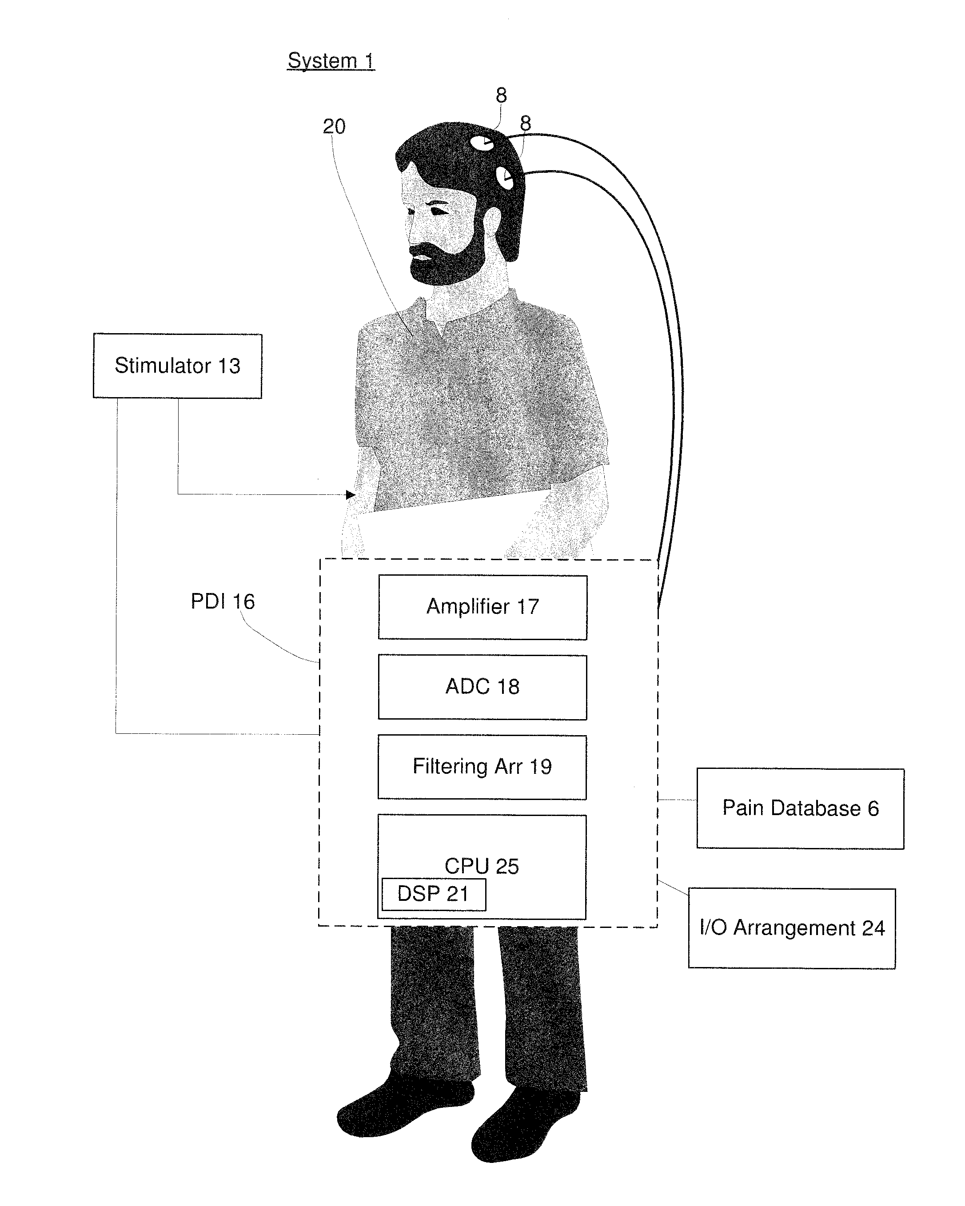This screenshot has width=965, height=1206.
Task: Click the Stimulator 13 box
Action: coord(177,366)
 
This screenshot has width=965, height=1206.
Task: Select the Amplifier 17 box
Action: coord(482,607)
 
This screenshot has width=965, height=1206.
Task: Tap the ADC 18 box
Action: coord(482,687)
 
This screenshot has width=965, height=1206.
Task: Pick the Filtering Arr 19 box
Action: coord(482,767)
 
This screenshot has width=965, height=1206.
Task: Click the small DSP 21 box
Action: coord(433,894)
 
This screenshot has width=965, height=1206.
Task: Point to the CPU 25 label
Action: coord(482,866)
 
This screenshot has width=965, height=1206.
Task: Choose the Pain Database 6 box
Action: coord(800,809)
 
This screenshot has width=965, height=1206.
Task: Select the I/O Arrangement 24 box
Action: coord(792,928)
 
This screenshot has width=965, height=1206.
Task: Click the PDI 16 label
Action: coord(223,601)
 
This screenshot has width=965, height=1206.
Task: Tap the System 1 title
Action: coord(331,60)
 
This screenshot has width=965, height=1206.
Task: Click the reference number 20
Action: coord(334,127)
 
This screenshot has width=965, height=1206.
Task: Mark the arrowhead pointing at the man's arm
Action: coord(351,494)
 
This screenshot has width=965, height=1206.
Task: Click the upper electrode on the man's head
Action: coord(482,142)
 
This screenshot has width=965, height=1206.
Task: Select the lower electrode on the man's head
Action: coord(506,179)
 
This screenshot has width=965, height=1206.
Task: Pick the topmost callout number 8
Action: coord(501,96)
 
